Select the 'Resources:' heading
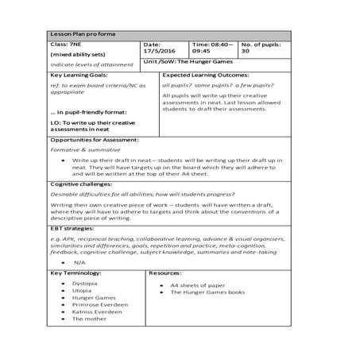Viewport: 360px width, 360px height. coord(166,273)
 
